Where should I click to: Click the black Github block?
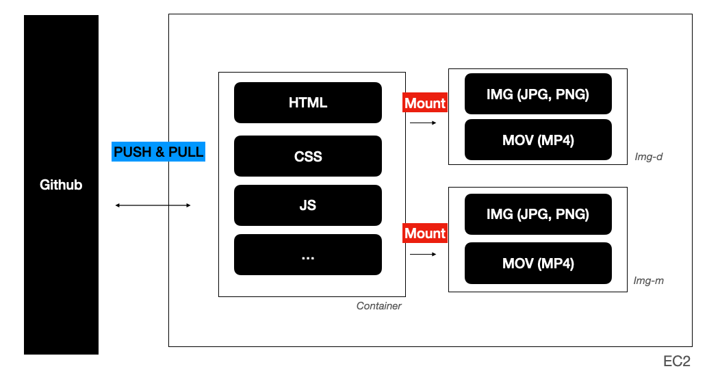tap(61, 185)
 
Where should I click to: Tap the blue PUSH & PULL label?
tap(159, 151)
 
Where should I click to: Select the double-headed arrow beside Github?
tap(153, 205)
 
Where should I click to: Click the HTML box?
tap(308, 103)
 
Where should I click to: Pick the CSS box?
tap(308, 156)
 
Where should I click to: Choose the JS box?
tap(308, 205)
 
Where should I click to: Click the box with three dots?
tap(308, 255)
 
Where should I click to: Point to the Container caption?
tap(379, 306)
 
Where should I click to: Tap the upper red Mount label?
tap(425, 103)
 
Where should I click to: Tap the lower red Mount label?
tap(425, 233)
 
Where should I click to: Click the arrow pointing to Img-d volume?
tap(423, 123)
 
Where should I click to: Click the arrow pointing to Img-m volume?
tap(423, 255)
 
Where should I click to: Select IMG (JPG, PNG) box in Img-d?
tap(538, 94)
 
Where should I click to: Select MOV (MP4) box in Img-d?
tap(538, 140)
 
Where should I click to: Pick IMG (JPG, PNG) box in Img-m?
tap(538, 214)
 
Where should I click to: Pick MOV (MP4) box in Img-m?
tap(538, 263)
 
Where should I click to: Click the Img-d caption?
tap(648, 157)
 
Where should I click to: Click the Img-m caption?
tap(648, 281)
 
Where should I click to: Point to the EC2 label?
tap(677, 361)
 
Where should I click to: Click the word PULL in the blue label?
tap(186, 151)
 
